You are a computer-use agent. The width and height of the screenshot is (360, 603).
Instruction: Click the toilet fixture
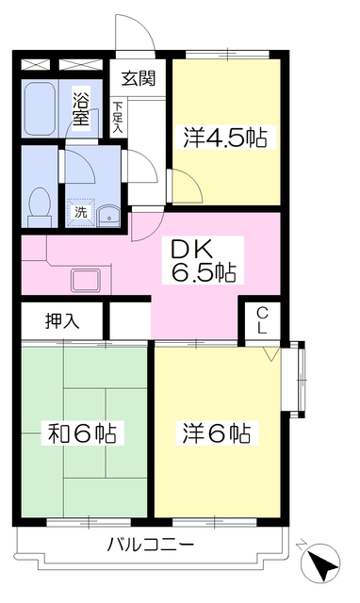[x=40, y=199]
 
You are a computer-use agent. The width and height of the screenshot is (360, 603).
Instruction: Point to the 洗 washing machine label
[x=81, y=212]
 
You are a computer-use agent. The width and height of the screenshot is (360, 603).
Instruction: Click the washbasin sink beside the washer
[x=107, y=214]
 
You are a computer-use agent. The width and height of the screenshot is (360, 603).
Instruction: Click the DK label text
[x=194, y=250]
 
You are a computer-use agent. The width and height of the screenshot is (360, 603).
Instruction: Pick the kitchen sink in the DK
[x=90, y=280]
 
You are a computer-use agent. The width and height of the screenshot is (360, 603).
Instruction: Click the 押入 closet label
[x=61, y=320]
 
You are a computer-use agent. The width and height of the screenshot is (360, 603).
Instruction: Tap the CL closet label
[x=261, y=320]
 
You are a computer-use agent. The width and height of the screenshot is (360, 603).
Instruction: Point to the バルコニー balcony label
[x=151, y=545]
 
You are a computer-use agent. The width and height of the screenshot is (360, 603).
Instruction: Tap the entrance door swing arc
[x=132, y=33]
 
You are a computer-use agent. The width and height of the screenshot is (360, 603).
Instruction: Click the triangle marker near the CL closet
[x=271, y=354]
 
